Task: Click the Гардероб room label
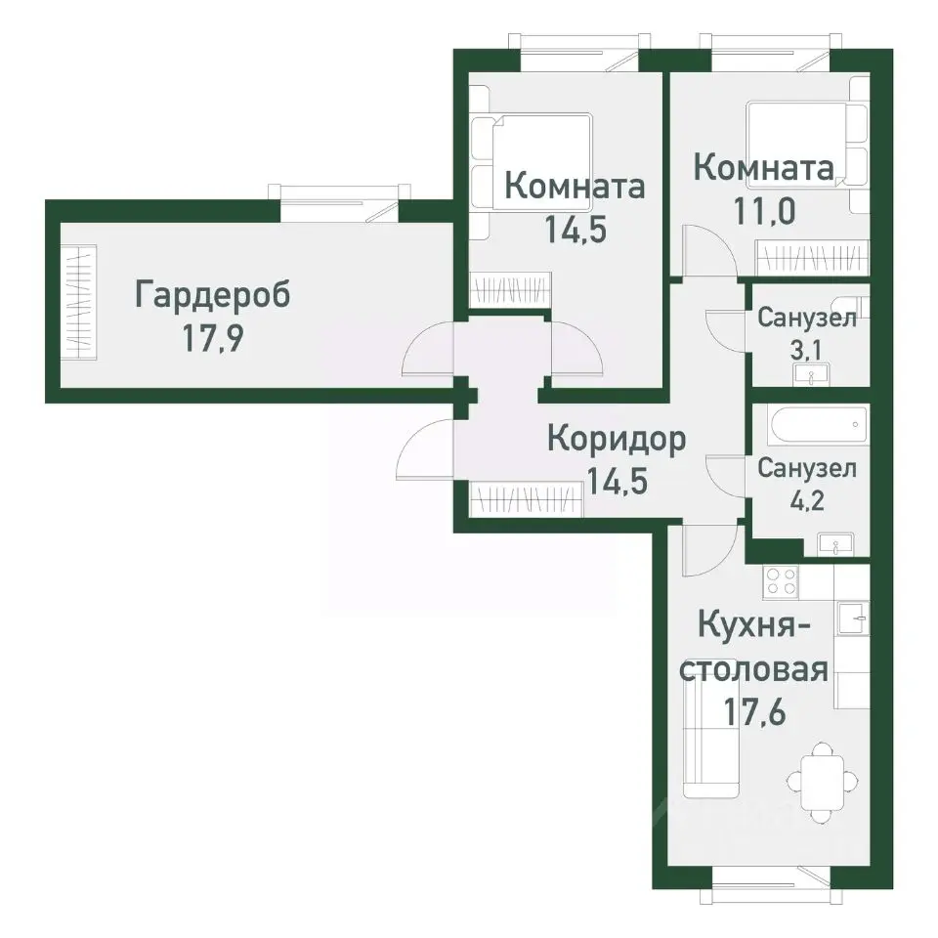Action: (x=212, y=295)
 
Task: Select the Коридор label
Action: (x=616, y=439)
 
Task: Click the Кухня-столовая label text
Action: (x=754, y=647)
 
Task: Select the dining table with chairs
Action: (x=825, y=781)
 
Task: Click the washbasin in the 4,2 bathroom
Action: (x=835, y=543)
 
